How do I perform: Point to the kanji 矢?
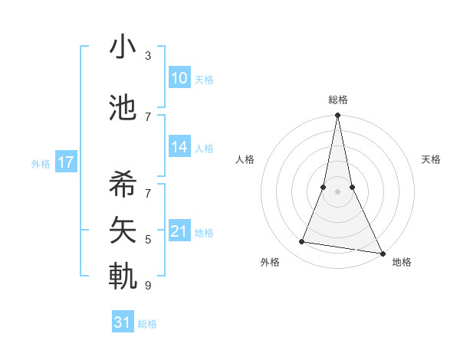pos(123,228)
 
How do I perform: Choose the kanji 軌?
pos(123,277)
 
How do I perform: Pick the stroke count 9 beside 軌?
pos(148,286)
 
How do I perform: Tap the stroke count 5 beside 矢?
pos(148,240)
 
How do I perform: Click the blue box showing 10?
pos(179,78)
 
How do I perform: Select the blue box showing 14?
pos(179,148)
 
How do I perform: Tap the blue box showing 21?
pos(179,232)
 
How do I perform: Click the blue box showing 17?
pos(65,162)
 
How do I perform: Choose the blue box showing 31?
pos(123,322)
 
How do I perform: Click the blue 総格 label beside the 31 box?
pos(147,324)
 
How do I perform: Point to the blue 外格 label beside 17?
pos(41,163)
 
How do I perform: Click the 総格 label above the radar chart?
pos(338,100)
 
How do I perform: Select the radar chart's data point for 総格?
pos(338,116)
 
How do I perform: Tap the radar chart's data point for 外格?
pos(302,242)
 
